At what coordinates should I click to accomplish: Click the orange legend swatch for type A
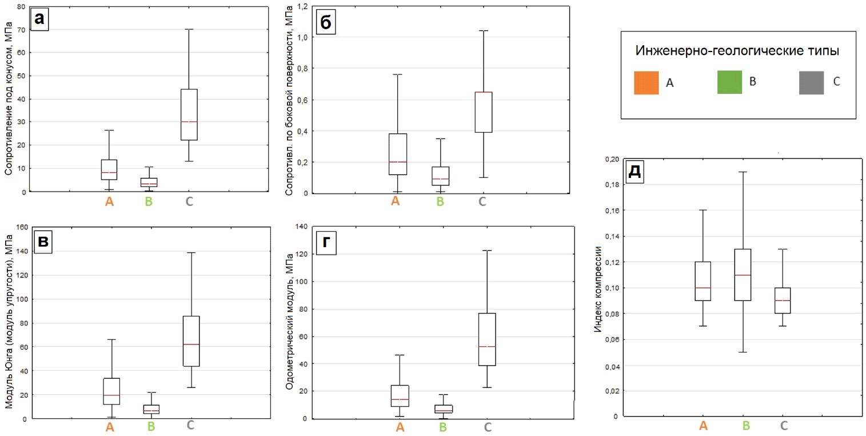coord(645,82)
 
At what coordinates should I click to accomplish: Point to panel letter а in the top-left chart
coord(39,19)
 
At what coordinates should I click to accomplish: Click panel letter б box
coord(325,23)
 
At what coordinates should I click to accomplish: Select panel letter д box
coord(634,172)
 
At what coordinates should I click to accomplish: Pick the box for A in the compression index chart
coord(703,281)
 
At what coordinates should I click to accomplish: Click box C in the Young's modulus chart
coord(190,340)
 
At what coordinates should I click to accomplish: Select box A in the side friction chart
coord(397,154)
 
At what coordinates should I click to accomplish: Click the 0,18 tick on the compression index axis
coord(611,185)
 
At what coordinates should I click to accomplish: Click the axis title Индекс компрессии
coord(598,289)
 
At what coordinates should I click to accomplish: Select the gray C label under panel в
coord(190,425)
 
